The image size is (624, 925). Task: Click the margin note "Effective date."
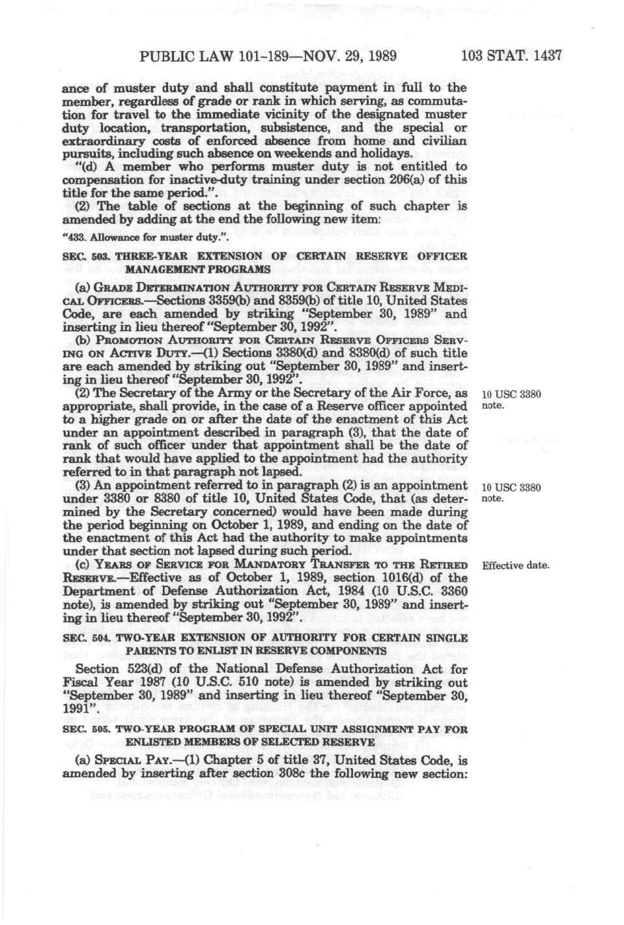(x=515, y=565)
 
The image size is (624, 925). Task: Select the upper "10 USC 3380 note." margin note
(x=511, y=399)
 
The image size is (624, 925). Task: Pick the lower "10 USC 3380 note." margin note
(x=511, y=492)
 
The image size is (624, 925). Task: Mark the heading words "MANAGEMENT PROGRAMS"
(x=198, y=269)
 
